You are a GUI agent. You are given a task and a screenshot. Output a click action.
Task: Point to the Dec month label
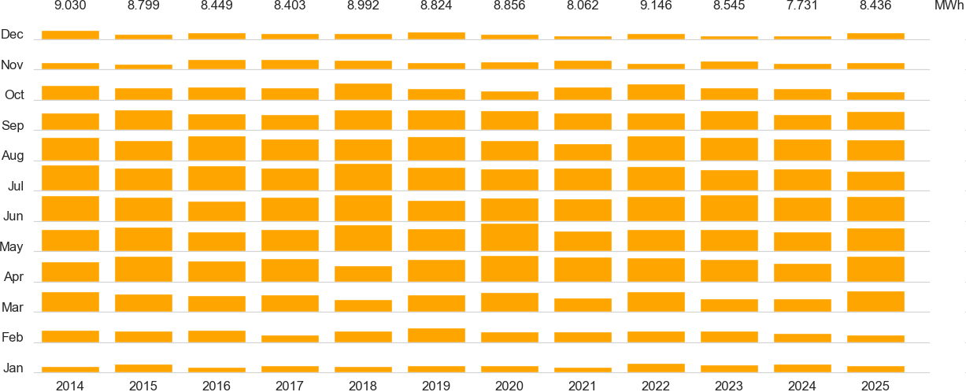13,35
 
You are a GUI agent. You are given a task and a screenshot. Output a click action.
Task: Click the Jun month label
13,216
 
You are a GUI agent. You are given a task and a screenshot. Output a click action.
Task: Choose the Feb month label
13,338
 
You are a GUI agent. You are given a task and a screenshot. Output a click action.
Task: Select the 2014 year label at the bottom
70,386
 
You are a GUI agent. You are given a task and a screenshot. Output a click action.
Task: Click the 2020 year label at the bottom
509,386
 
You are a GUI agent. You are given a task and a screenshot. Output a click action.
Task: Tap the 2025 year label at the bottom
875,386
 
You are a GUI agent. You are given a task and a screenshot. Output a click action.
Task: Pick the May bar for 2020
509,237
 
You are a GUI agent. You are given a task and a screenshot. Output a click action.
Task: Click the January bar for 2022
656,368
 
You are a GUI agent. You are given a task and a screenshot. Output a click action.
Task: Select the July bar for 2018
363,177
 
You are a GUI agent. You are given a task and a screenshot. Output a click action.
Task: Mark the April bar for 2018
363,274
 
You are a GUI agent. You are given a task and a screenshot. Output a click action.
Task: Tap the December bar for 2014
70,35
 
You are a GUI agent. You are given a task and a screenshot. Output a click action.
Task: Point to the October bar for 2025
875,96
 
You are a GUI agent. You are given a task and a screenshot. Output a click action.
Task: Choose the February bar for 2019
436,335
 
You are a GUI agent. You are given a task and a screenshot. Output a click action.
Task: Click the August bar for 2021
583,153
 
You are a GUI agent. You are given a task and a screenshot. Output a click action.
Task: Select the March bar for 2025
875,301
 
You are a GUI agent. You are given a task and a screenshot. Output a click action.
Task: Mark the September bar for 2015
143,120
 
